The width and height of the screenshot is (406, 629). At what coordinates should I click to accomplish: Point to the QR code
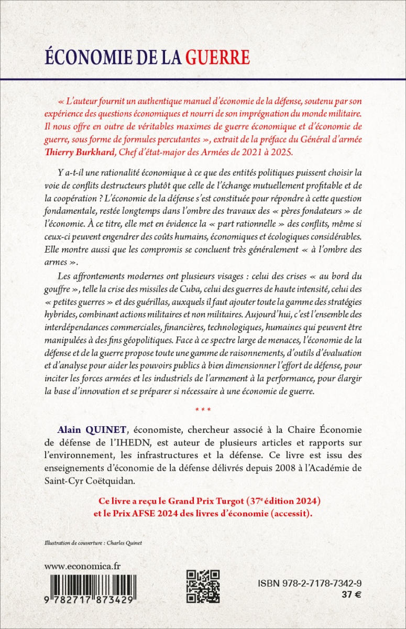(x=203, y=585)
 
